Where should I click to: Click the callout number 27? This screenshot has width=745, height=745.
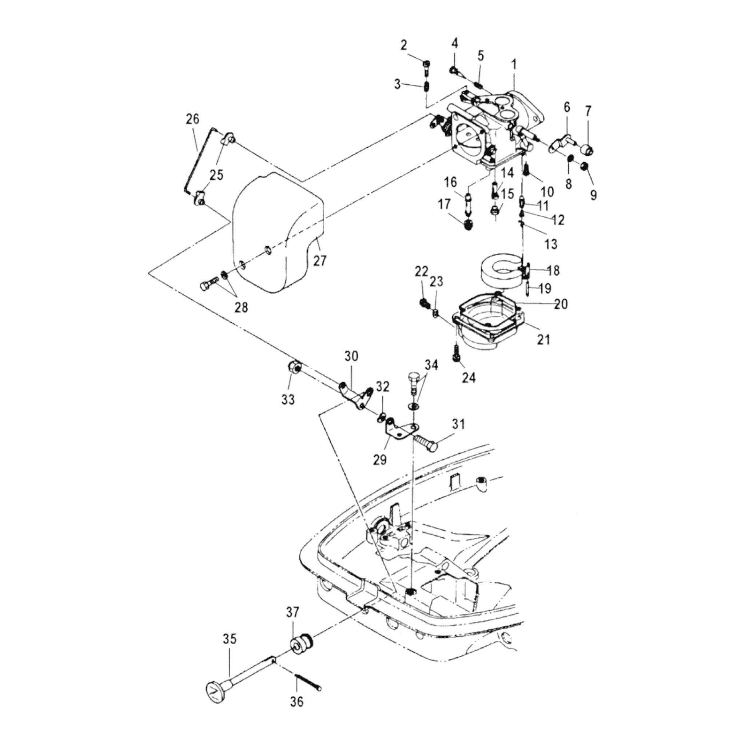[320, 261]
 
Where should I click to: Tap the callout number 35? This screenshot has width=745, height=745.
[230, 639]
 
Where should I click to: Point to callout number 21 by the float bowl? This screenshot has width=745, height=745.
[543, 340]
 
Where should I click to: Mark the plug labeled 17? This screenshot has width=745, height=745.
[467, 224]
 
